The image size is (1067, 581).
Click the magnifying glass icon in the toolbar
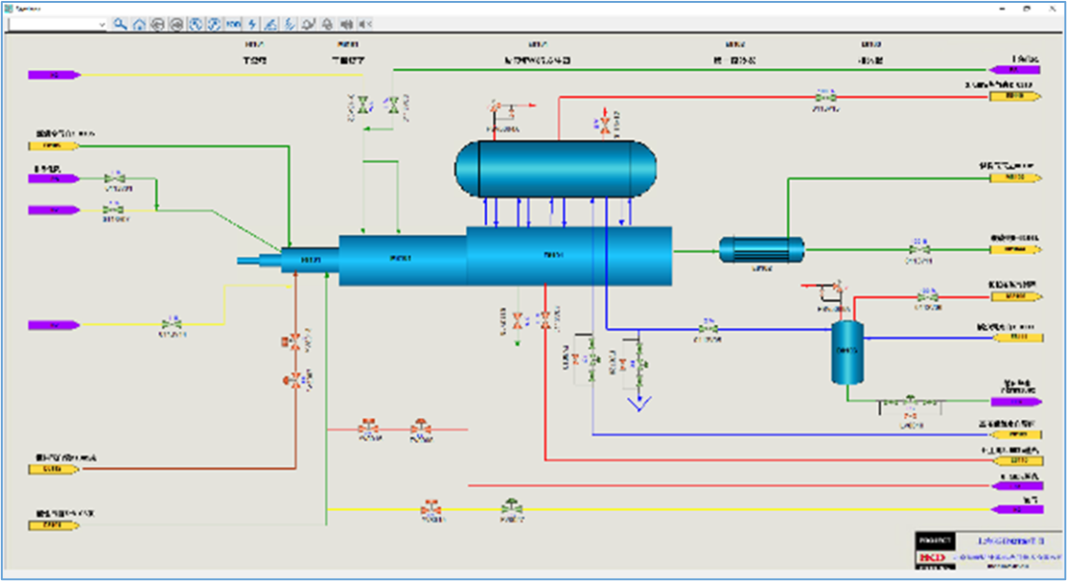[120, 24]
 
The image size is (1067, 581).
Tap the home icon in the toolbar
[139, 24]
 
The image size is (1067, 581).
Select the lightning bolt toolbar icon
[252, 24]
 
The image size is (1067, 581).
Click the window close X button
[1050, 6]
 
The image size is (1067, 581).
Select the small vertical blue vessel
[846, 352]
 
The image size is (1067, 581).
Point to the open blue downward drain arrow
[642, 403]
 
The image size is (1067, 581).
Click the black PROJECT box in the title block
[935, 541]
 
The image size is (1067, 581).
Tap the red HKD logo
[934, 558]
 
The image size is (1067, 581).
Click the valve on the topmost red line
[821, 97]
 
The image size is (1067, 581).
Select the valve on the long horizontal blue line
[708, 328]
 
